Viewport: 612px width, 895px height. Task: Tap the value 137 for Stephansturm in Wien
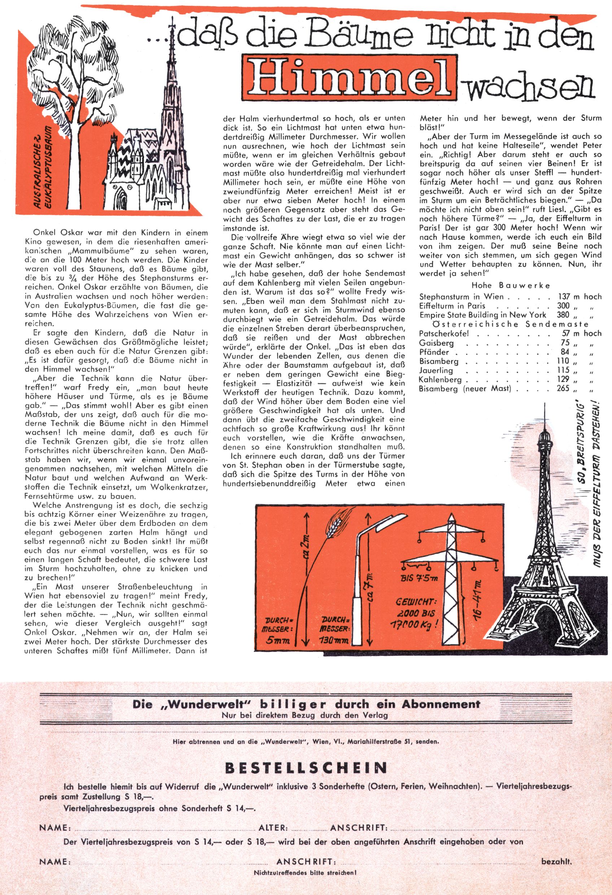click(x=564, y=297)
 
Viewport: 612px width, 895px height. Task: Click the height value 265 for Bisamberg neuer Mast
click(x=563, y=388)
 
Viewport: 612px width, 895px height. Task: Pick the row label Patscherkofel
click(x=443, y=333)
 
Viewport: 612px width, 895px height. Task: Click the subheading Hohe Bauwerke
click(x=511, y=285)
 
